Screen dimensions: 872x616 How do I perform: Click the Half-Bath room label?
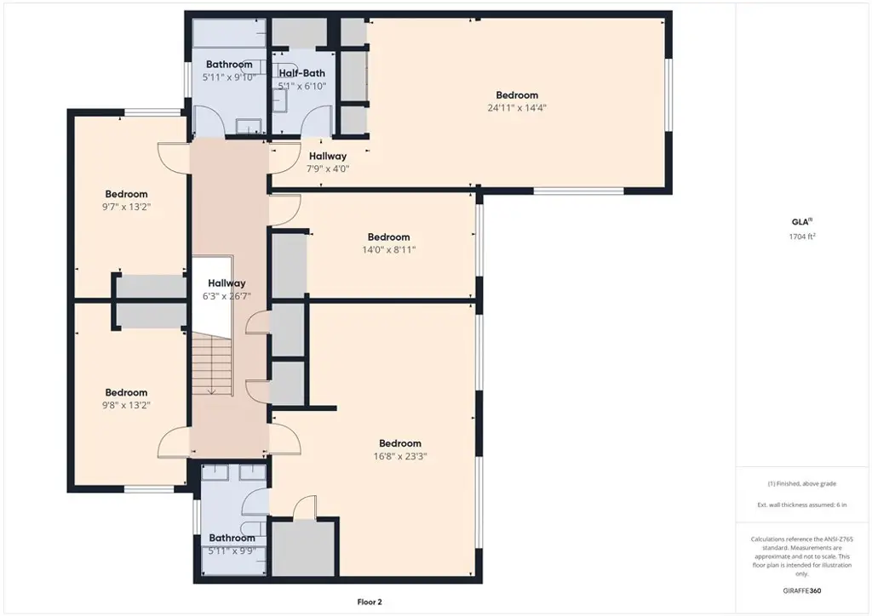pos(302,73)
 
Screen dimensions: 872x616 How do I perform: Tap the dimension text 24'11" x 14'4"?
pos(517,108)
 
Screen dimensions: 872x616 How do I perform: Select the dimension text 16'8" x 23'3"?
pos(400,457)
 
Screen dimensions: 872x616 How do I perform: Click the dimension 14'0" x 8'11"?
pos(388,250)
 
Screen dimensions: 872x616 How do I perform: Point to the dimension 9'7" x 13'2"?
pos(126,208)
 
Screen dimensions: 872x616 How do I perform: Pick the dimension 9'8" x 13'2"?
pos(126,406)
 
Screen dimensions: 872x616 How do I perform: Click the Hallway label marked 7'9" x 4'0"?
pos(328,156)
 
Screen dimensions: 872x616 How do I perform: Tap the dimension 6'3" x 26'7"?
pos(227,296)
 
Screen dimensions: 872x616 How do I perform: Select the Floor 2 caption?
pos(370,602)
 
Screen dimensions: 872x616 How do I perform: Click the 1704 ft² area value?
pos(802,237)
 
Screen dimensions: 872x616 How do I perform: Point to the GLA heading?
pos(802,222)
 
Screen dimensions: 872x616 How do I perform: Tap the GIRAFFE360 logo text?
pos(802,591)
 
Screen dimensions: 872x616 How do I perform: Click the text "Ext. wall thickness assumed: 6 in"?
pos(802,505)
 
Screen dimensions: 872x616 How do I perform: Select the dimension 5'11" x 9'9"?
pos(232,551)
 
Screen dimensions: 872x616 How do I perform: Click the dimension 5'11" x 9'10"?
pos(229,77)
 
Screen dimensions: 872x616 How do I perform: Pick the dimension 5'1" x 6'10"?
pos(302,86)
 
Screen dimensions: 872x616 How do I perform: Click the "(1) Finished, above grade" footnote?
pos(802,484)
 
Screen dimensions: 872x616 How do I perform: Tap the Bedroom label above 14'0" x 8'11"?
pos(388,237)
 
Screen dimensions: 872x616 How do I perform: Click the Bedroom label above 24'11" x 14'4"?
pos(517,95)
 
